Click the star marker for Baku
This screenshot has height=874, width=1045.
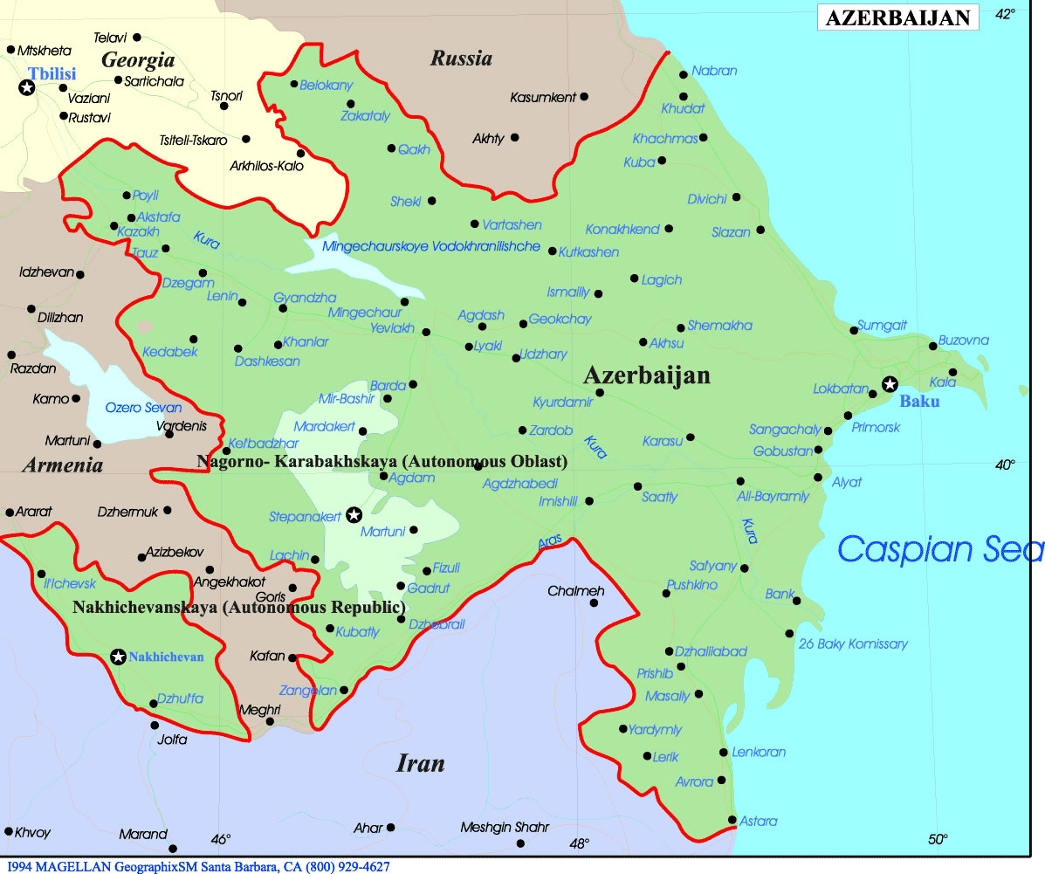pos(890,383)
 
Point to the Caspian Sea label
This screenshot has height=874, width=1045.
pos(939,549)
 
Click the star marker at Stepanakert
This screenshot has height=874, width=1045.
pos(354,515)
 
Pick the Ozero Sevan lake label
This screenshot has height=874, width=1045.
pos(143,408)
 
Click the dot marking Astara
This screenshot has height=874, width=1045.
pos(732,819)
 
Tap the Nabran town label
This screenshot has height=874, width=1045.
pos(714,71)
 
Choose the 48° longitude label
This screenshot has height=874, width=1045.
pos(580,843)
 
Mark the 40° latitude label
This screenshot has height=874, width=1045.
pos(1005,465)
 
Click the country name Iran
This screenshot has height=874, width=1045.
pos(421,764)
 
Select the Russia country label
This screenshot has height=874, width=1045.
pos(461,59)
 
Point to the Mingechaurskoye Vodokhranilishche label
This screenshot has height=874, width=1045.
pos(431,247)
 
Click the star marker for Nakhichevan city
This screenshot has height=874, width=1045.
pos(118,657)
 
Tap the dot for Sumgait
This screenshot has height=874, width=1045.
pos(854,330)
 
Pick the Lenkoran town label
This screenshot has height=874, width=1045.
pos(759,752)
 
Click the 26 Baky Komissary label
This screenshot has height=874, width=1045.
pos(853,643)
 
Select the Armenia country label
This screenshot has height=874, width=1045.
pos(63,465)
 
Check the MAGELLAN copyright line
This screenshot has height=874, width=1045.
pos(196,866)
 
